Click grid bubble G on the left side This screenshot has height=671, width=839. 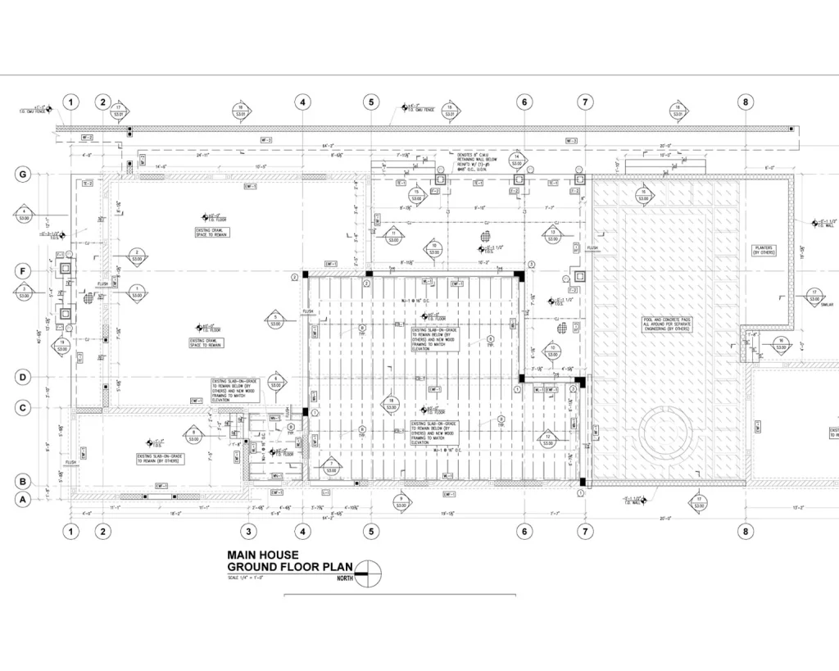(x=24, y=175)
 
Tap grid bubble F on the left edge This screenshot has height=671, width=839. (x=24, y=270)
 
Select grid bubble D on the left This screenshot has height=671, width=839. (x=24, y=377)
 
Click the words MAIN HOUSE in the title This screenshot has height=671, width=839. (x=263, y=555)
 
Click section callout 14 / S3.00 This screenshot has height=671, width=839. (x=517, y=159)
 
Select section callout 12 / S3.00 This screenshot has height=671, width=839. (x=547, y=439)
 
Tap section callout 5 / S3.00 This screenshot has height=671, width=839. (x=275, y=320)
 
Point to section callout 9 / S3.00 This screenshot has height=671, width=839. (x=401, y=502)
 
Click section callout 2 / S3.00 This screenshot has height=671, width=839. (x=138, y=255)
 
